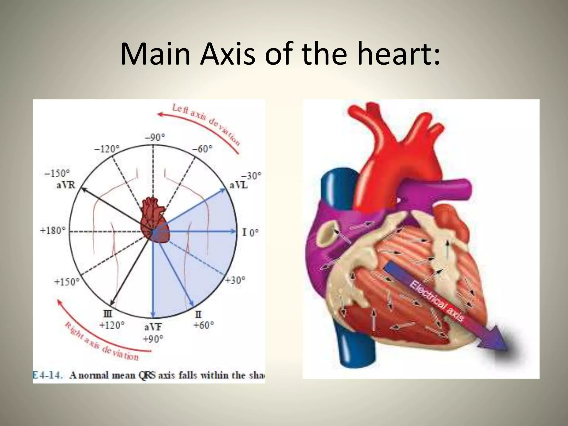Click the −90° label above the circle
click(155, 137)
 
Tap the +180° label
click(53, 230)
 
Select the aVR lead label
click(66, 185)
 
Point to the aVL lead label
click(239, 185)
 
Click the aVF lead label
click(153, 328)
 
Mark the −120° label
click(106, 149)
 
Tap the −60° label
click(202, 149)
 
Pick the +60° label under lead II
click(204, 325)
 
